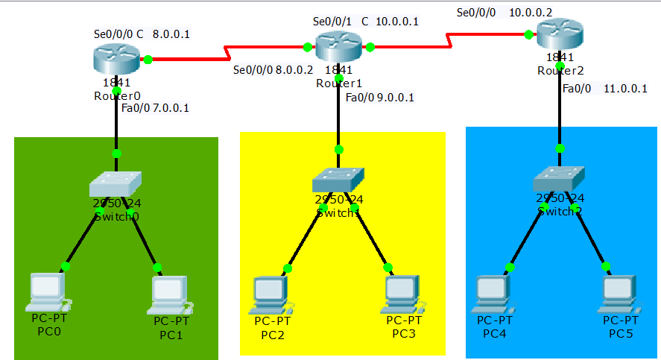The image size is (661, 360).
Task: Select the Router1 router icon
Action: point(338,46)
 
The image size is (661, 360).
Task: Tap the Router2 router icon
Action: point(559,34)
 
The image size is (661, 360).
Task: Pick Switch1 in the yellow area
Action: point(338,180)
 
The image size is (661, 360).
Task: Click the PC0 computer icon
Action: point(47,291)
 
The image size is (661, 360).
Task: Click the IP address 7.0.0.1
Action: point(171,108)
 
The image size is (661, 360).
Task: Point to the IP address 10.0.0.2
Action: point(531,13)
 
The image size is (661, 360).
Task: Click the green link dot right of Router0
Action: point(148,59)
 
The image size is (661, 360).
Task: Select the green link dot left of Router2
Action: point(528,34)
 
